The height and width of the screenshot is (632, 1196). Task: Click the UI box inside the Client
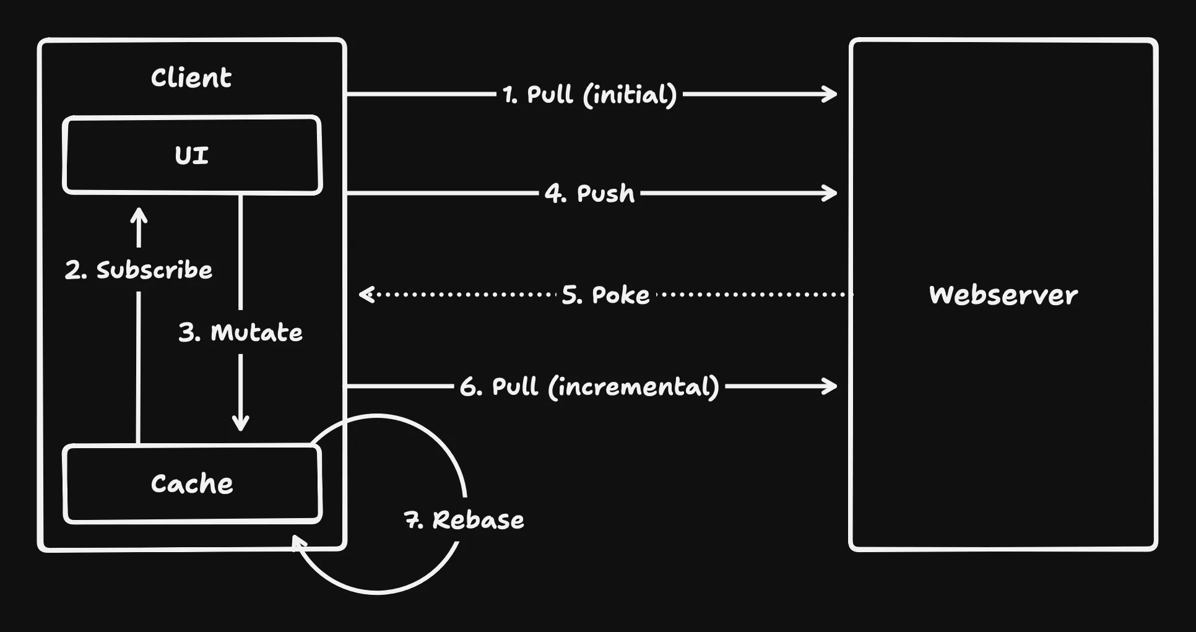(x=192, y=155)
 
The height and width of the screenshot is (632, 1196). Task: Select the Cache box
(x=192, y=483)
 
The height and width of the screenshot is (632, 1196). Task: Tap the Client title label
(x=191, y=78)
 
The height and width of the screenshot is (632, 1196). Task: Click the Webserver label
(x=1003, y=295)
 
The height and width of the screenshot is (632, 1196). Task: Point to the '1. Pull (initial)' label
(x=589, y=95)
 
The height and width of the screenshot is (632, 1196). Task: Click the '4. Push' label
(x=589, y=194)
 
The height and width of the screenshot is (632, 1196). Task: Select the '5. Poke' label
(x=605, y=295)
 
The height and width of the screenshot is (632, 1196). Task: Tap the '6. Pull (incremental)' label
(x=589, y=387)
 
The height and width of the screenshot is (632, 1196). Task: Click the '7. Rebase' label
(x=464, y=520)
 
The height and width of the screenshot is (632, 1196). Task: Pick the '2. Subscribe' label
(x=139, y=270)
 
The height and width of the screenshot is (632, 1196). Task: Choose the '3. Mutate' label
(x=241, y=332)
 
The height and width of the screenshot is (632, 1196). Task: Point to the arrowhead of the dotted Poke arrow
(x=365, y=294)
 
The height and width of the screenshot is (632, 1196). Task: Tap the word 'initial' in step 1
(x=630, y=95)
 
